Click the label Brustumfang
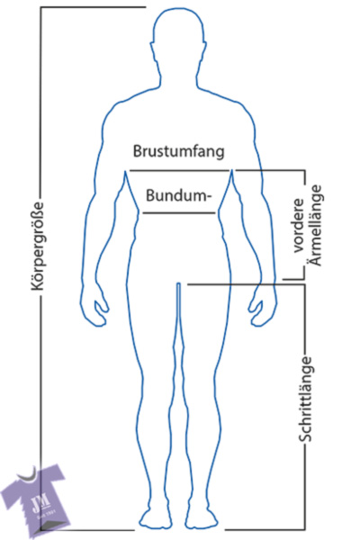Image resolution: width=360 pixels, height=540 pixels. (178, 152)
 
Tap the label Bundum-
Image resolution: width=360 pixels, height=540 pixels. (178, 195)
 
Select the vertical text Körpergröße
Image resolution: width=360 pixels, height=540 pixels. (38, 246)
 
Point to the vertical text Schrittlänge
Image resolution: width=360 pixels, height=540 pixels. (305, 399)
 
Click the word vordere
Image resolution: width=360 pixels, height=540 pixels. (299, 226)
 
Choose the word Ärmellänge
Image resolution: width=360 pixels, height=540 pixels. (316, 225)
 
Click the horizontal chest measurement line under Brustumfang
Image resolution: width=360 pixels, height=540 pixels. (179, 170)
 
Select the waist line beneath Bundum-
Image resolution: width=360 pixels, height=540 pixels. (179, 213)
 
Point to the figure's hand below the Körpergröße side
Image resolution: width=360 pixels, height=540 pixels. (94, 308)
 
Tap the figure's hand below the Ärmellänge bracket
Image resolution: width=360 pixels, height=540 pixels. (263, 308)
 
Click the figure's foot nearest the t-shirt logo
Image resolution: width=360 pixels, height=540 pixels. (155, 519)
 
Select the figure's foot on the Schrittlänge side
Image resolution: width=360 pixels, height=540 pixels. (202, 519)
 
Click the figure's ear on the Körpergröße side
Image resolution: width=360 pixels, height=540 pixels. (151, 52)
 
